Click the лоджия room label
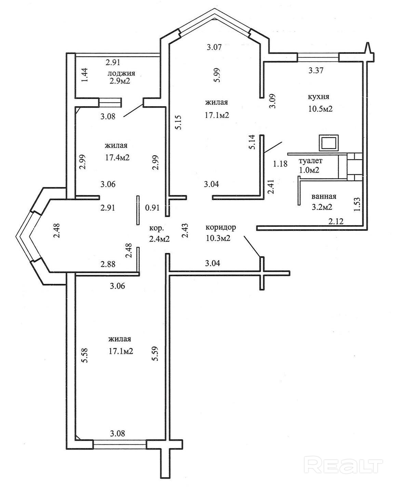tap(121, 73)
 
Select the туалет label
tap(310, 161)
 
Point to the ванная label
tap(324, 196)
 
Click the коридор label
tap(221, 227)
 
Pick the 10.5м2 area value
tap(321, 109)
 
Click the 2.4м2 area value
tap(159, 239)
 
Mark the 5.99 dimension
tap(217, 75)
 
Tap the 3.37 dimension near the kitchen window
tap(316, 70)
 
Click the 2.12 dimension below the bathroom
tap(336, 221)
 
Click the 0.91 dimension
tap(152, 208)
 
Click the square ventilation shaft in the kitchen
tap(329, 143)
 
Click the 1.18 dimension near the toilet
tap(280, 163)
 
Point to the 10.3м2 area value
tap(218, 239)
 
